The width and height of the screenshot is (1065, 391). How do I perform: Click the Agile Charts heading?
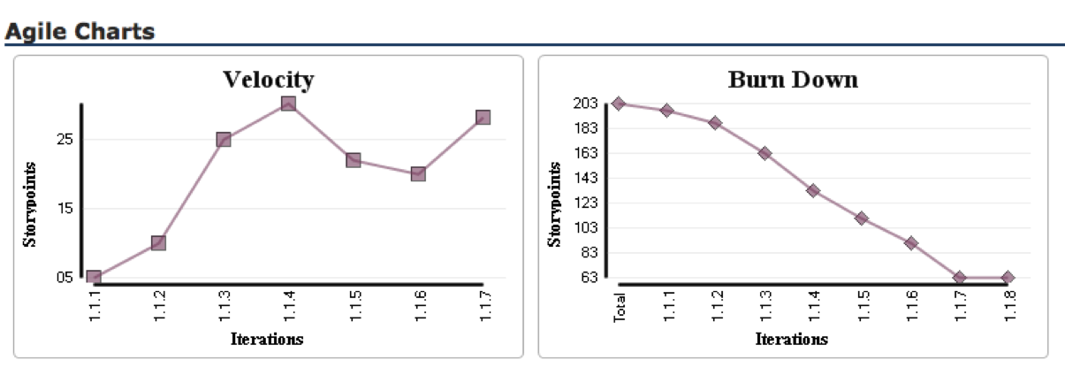pyautogui.click(x=80, y=32)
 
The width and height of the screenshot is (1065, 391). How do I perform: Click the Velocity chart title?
pyautogui.click(x=268, y=80)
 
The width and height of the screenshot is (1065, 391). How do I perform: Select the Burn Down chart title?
pyautogui.click(x=793, y=80)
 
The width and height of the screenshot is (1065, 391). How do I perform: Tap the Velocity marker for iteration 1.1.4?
pyautogui.click(x=288, y=103)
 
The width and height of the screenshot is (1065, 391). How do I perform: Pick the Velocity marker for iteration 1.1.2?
pyautogui.click(x=158, y=242)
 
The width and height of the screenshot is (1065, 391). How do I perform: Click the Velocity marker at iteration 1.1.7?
pyautogui.click(x=483, y=118)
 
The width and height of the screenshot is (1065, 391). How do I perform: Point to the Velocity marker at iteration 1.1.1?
pyautogui.click(x=94, y=278)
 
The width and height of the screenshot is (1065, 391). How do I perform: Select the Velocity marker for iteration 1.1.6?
pyautogui.click(x=418, y=173)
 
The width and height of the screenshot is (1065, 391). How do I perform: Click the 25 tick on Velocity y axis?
pyautogui.click(x=65, y=140)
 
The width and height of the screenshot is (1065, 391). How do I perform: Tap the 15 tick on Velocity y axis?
pyautogui.click(x=65, y=209)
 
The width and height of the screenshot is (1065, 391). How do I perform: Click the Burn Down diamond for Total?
pyautogui.click(x=619, y=103)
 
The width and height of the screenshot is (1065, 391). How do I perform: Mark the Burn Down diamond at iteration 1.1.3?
pyautogui.click(x=765, y=153)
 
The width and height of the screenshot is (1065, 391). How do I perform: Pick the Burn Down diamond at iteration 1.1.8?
pyautogui.click(x=1008, y=278)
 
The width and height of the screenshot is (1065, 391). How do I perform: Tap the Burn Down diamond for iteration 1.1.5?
pyautogui.click(x=862, y=218)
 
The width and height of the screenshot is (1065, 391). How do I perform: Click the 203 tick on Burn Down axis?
pyautogui.click(x=586, y=103)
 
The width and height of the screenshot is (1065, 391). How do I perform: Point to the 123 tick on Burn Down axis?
pyautogui.click(x=586, y=203)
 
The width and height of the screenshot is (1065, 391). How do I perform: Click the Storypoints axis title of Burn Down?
pyautogui.click(x=555, y=204)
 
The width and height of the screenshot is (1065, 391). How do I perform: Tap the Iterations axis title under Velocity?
pyautogui.click(x=267, y=339)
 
